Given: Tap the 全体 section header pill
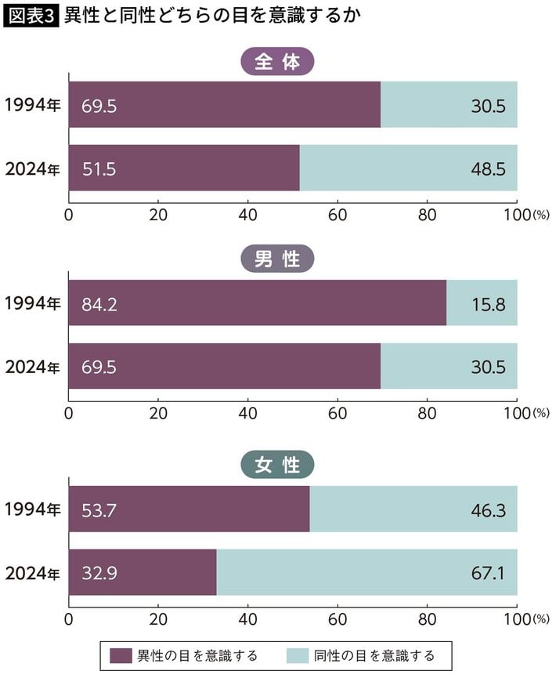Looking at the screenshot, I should click(277, 63).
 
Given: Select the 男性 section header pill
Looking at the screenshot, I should click(277, 259).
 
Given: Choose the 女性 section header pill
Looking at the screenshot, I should click(277, 465).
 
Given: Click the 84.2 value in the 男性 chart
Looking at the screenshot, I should click(99, 303).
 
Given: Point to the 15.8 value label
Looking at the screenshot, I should click(488, 303).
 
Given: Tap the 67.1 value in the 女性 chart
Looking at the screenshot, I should click(488, 573).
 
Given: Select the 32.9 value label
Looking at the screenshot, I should click(99, 573).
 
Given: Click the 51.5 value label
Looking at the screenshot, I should click(99, 169).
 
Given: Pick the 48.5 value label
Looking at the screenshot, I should click(488, 169).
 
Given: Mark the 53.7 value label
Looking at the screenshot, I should click(99, 510).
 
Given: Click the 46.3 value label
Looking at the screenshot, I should click(488, 510).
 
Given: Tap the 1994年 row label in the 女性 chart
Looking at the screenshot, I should click(32, 509).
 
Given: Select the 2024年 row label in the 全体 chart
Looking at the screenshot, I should click(32, 169).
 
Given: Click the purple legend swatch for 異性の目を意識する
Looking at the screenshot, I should click(121, 655).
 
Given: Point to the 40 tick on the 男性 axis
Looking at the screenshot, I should click(248, 412).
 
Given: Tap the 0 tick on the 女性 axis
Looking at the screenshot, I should click(69, 619).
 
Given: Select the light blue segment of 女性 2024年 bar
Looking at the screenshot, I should click(366, 573).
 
